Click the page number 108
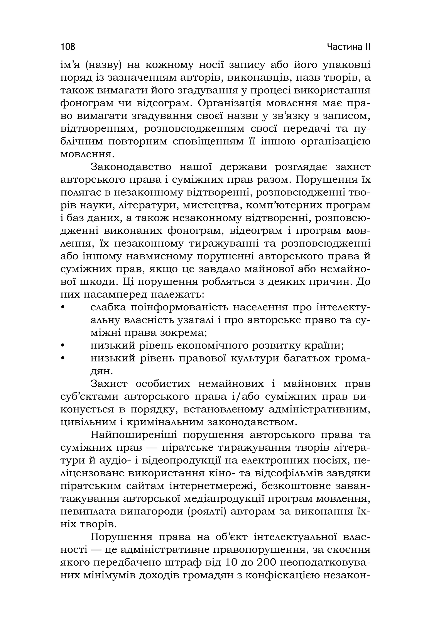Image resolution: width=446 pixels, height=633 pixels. click(68, 47)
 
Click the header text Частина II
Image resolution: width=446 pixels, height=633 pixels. click(349, 47)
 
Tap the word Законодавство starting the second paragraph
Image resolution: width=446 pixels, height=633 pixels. click(131, 167)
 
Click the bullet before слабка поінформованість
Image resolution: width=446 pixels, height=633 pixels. click(63, 307)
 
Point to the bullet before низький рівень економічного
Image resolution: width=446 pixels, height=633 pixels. click(63, 345)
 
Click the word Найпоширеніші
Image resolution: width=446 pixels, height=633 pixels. click(134, 435)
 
